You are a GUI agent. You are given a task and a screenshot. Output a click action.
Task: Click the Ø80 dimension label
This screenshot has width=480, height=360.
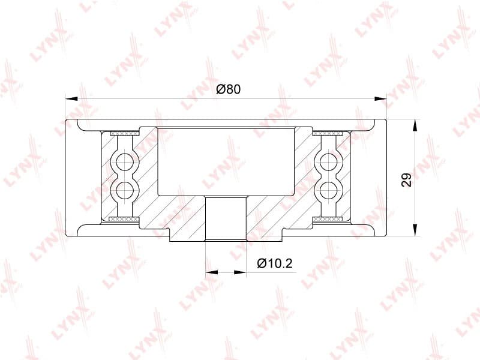pyautogui.click(x=229, y=89)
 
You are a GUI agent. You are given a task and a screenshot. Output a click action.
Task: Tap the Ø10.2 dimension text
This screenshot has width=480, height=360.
pyautogui.click(x=275, y=263)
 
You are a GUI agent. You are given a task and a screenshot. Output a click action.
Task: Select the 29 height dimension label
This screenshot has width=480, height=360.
pyautogui.click(x=407, y=180)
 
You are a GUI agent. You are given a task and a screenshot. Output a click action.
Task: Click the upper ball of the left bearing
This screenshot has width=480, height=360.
pyautogui.click(x=125, y=160)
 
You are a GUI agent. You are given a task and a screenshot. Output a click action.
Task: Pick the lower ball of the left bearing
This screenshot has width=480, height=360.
pyautogui.click(x=125, y=190)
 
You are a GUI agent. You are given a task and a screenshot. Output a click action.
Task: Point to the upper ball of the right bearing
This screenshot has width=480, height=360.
pyautogui.click(x=328, y=160)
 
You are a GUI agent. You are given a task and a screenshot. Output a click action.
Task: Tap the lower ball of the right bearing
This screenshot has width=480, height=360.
pyautogui.click(x=328, y=190)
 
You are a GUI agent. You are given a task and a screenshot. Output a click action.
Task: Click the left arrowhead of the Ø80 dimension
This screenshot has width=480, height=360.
pyautogui.click(x=71, y=98)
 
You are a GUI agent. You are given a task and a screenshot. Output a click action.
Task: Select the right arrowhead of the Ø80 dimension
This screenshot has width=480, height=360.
pyautogui.click(x=380, y=98)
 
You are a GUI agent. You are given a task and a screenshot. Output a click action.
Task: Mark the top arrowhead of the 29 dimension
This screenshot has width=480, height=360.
pyautogui.click(x=415, y=125)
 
